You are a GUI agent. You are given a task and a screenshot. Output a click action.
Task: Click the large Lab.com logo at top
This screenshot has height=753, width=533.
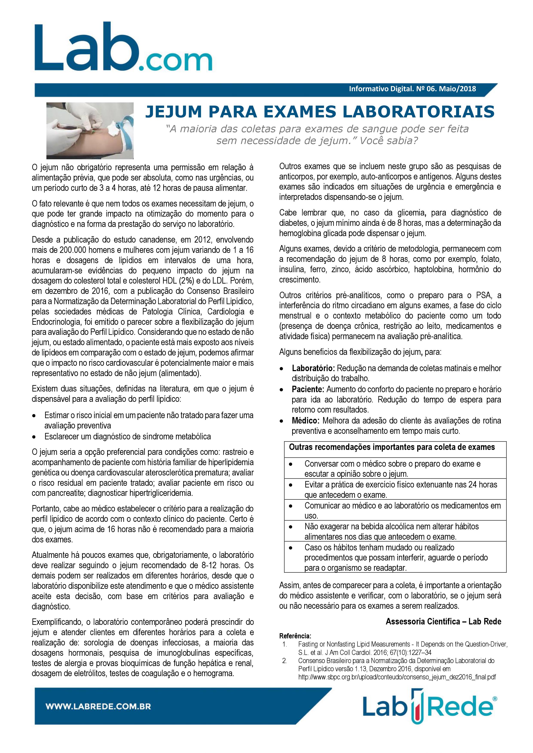click(123, 48)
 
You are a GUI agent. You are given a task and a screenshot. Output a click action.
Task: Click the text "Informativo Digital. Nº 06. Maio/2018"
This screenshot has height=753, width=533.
click(412, 89)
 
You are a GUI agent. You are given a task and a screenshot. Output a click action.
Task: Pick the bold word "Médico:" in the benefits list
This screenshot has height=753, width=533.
click(305, 421)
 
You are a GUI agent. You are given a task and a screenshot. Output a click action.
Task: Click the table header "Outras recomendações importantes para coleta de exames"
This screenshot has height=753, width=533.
click(392, 447)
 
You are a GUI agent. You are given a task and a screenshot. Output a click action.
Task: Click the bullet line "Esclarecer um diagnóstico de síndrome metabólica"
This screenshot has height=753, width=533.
click(128, 437)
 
